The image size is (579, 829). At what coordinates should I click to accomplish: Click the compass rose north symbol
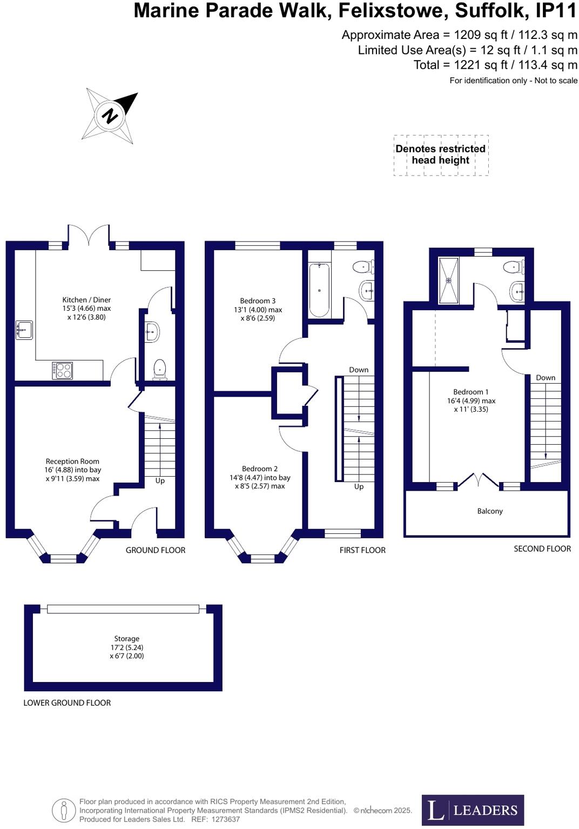coord(110,116)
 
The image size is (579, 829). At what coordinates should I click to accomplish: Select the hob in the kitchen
coord(63,370)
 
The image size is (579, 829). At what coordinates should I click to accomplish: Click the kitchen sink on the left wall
coord(24,330)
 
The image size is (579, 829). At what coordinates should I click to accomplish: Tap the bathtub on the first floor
coord(319,290)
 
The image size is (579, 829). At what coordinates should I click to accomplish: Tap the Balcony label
coord(490,511)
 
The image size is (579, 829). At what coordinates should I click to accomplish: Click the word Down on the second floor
coord(546,378)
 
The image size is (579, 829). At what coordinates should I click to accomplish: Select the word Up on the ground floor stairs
coord(160,481)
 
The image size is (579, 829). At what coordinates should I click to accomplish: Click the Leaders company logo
coord(473,810)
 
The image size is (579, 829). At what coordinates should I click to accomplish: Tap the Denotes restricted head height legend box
coord(441,155)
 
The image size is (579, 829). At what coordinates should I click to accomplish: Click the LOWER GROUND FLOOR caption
coord(67,703)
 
